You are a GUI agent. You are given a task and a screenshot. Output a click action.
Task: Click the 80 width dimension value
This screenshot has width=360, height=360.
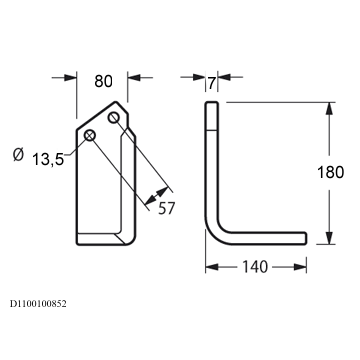[104, 81]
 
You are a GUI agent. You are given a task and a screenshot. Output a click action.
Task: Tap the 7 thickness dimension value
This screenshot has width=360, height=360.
[212, 83]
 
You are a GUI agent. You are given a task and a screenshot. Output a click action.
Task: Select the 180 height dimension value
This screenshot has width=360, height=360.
[330, 172]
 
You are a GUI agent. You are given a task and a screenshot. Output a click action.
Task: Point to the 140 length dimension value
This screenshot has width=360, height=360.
[255, 267]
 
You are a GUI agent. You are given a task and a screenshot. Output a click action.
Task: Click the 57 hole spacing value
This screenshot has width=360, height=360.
[166, 208]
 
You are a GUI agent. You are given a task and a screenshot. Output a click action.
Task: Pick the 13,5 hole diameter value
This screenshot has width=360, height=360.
[48, 160]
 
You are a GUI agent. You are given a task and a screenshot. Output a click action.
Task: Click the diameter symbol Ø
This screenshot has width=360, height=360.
[18, 155]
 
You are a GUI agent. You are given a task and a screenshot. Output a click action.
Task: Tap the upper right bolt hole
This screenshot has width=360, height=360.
[113, 118]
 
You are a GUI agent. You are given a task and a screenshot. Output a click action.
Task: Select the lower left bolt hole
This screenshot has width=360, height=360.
[90, 135]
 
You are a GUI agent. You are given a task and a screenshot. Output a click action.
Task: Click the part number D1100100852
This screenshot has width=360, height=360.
[38, 304]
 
